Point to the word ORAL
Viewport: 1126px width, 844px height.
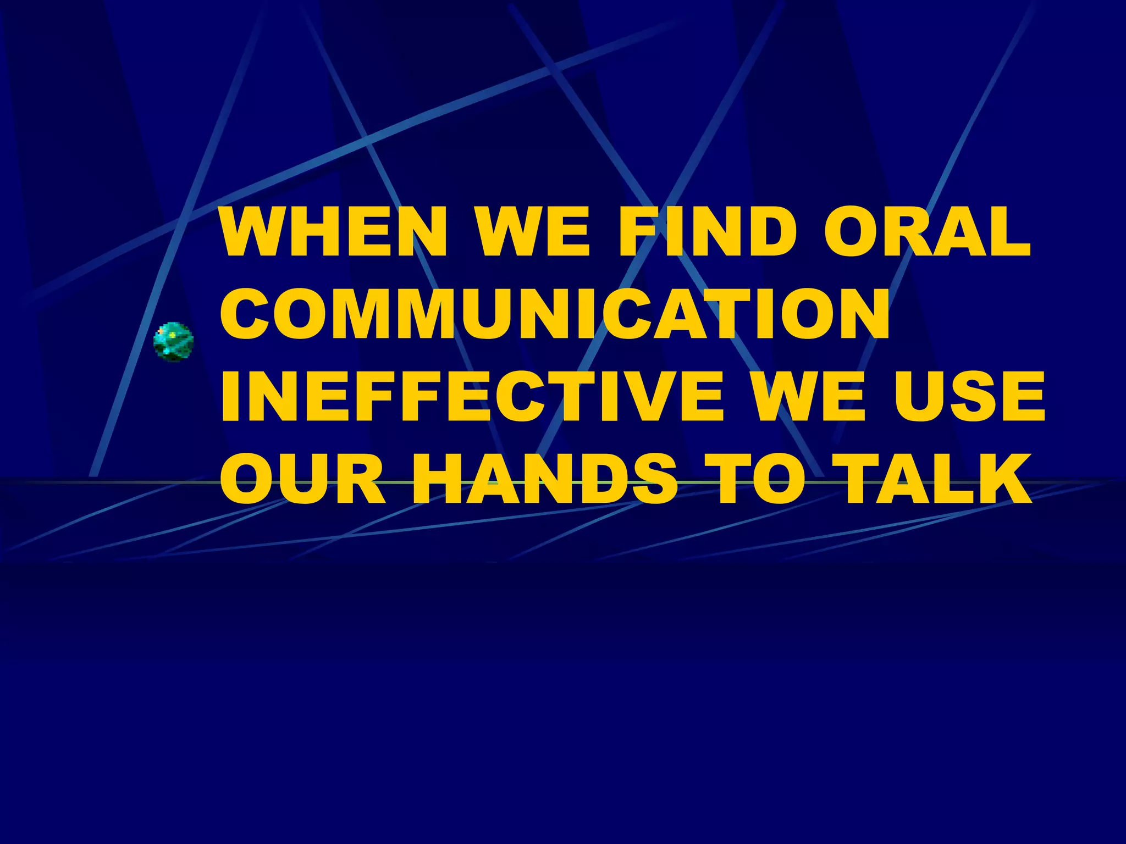click(927, 231)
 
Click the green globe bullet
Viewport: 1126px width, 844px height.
click(174, 342)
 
